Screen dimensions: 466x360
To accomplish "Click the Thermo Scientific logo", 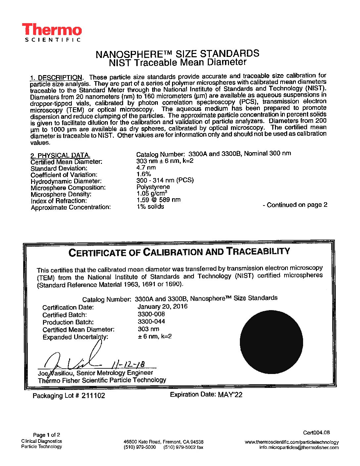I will (52, 32).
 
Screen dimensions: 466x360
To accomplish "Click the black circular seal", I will (271, 342).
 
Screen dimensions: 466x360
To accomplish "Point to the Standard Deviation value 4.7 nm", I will (146, 167).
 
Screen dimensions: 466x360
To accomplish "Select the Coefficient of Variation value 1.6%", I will (144, 174).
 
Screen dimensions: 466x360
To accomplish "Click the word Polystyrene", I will (153, 187).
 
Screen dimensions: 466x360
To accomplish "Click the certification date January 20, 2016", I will (162, 306).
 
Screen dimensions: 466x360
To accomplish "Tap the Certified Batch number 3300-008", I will (151, 314).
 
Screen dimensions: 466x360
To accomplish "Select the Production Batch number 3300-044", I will (151, 321).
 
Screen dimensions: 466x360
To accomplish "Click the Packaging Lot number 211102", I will (93, 396).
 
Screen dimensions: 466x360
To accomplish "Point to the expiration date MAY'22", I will (230, 395).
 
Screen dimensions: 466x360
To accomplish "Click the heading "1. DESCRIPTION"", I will (56, 78).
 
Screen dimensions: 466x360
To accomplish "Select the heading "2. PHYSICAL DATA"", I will (60, 156).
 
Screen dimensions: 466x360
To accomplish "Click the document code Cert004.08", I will (316, 433).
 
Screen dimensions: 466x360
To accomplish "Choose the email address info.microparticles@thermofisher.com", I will (299, 447).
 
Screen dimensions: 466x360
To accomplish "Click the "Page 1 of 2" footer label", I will (46, 435).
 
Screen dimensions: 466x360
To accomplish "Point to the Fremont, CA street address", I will (163, 442).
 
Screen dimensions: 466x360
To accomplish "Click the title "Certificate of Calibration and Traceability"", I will (179, 252).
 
